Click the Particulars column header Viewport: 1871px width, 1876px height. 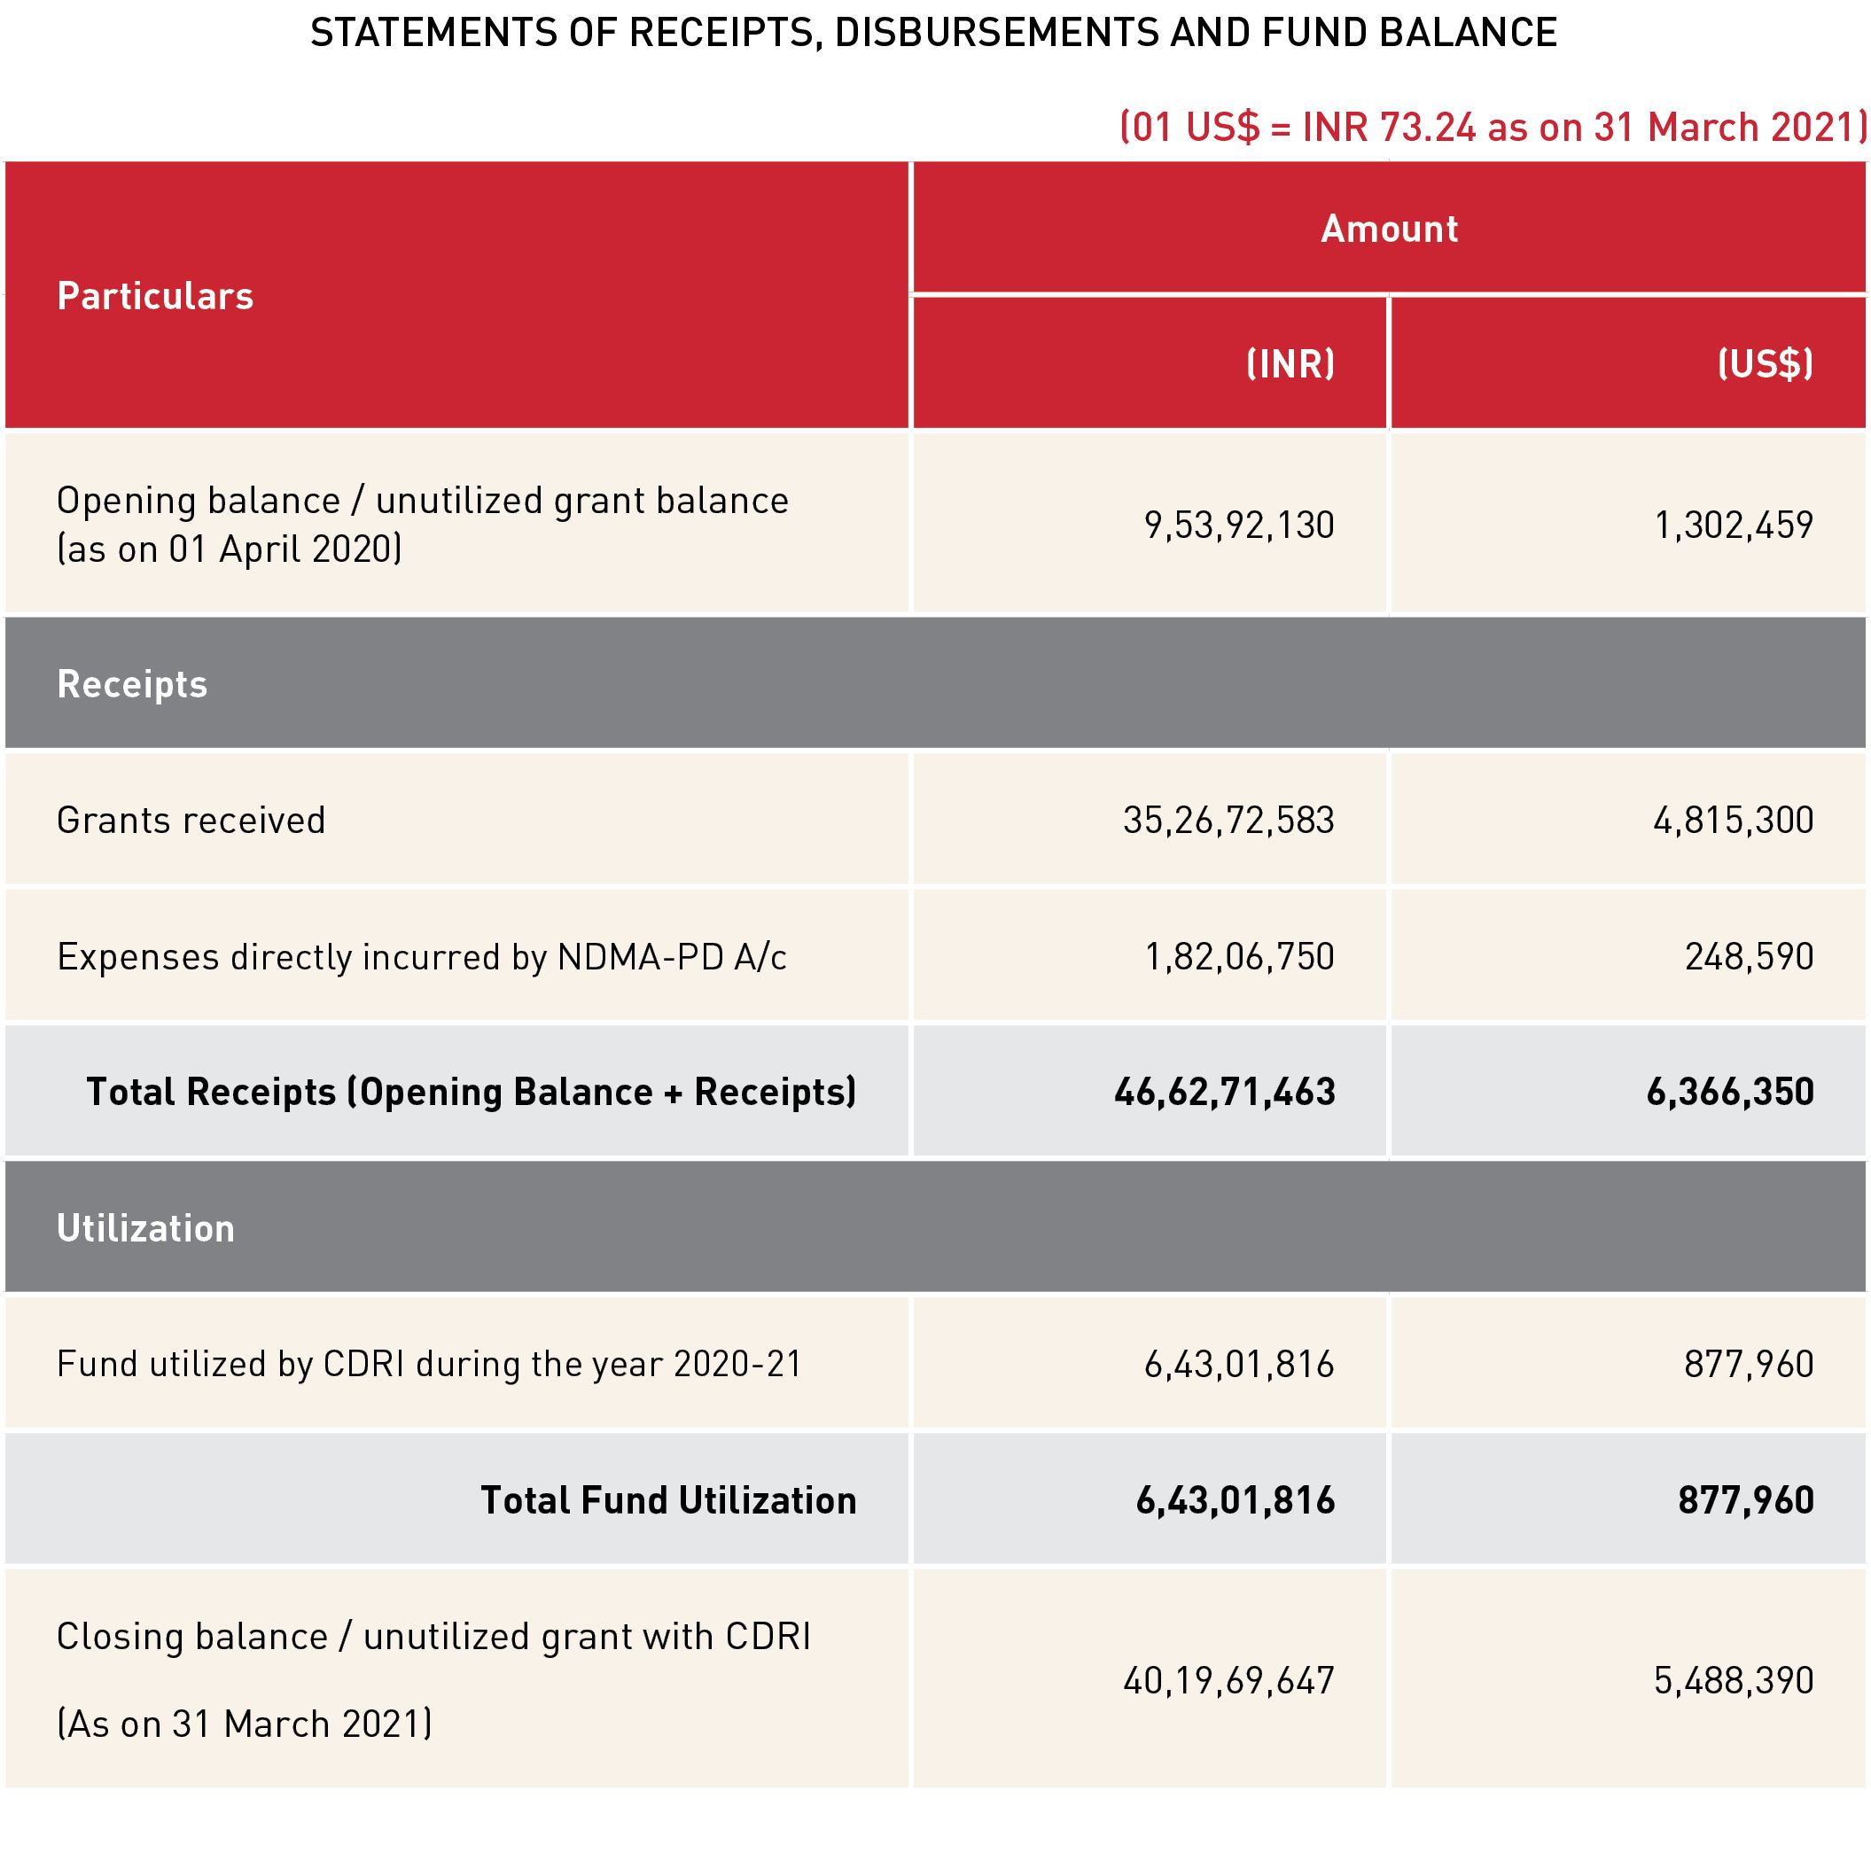[155, 296]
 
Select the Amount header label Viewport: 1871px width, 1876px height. [1390, 230]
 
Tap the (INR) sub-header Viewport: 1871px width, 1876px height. [1290, 364]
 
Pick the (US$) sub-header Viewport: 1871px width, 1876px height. [1766, 364]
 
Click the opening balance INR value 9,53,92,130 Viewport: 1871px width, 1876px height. [1240, 525]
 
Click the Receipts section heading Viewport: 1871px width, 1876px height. [132, 685]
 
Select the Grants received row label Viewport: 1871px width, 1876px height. [191, 821]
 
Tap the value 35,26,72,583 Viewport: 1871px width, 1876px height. [1229, 821]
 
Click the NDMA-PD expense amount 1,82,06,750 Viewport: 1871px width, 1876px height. [1240, 957]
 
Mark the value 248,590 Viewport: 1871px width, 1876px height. [1750, 957]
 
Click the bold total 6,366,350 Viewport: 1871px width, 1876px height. [1730, 1093]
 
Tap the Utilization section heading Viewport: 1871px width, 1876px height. [145, 1228]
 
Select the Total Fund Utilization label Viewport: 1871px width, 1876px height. [669, 1500]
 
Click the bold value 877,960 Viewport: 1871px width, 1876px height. [1747, 1500]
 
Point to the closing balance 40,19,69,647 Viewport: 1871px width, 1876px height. [1229, 1681]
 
